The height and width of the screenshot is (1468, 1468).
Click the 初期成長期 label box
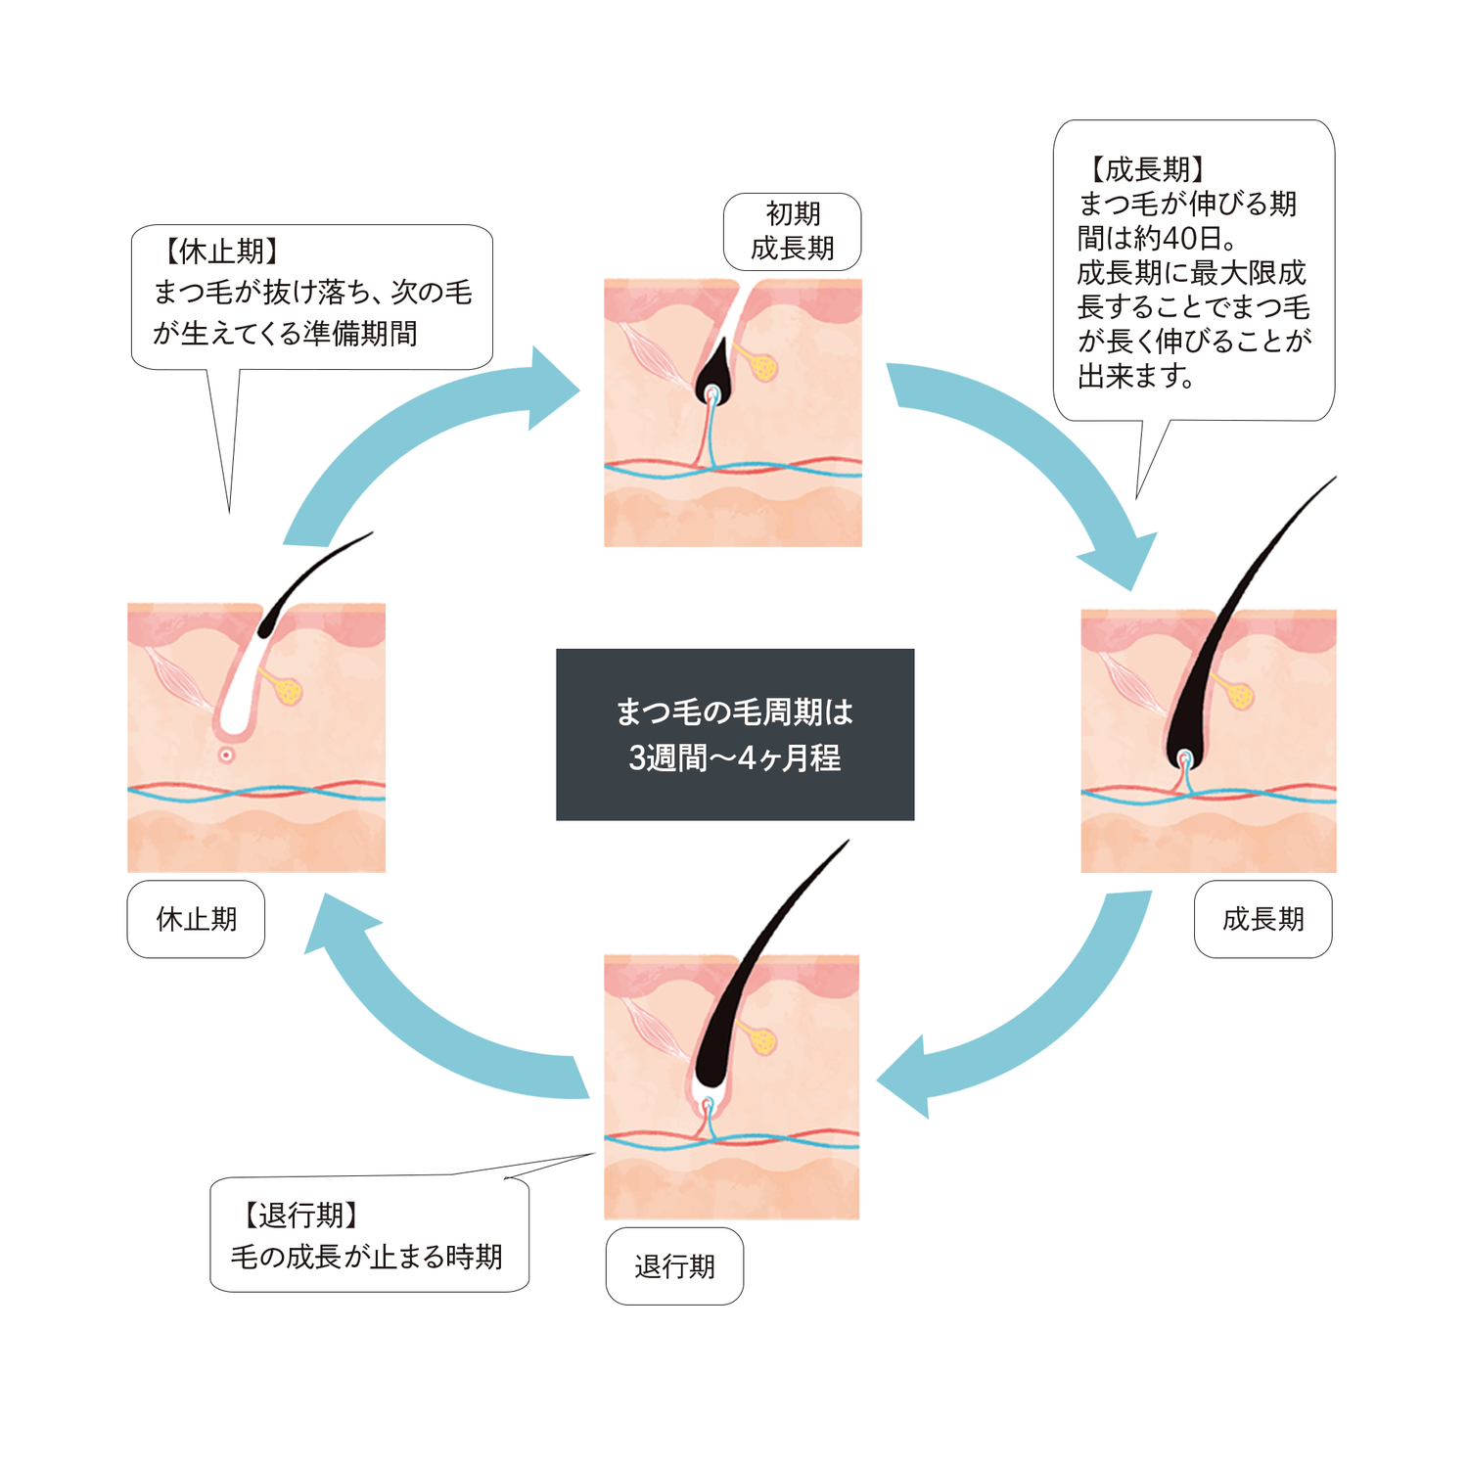click(x=792, y=232)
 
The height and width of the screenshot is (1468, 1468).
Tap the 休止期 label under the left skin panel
click(x=196, y=919)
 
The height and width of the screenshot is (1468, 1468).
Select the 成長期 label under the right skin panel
click(x=1262, y=919)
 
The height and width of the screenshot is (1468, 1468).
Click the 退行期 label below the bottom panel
click(x=674, y=1266)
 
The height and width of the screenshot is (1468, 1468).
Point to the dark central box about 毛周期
click(x=735, y=734)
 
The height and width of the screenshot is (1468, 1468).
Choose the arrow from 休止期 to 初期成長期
click(x=421, y=440)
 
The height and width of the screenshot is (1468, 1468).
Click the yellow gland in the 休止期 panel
click(x=289, y=691)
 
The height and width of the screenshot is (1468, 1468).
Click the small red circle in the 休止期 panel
click(x=226, y=755)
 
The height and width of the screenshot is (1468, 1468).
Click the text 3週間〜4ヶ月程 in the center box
click(x=735, y=758)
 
